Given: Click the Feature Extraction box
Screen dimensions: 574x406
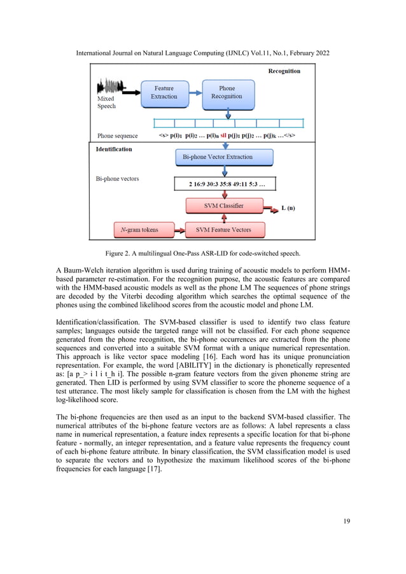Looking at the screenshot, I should (x=164, y=92).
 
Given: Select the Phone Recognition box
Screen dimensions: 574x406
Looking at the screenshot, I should (x=227, y=92).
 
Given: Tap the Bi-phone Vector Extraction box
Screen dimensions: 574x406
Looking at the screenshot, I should (x=218, y=157).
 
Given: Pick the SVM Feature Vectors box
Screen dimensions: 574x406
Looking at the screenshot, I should (x=223, y=229).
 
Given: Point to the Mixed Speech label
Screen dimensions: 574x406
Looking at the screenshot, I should (x=106, y=103).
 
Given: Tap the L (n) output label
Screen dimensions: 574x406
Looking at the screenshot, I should (x=288, y=208).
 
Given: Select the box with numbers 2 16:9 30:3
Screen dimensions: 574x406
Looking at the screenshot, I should (x=226, y=185).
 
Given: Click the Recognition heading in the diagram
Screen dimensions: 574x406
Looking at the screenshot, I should (x=284, y=71).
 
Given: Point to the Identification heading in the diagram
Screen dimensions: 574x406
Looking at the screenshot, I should (x=114, y=149).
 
